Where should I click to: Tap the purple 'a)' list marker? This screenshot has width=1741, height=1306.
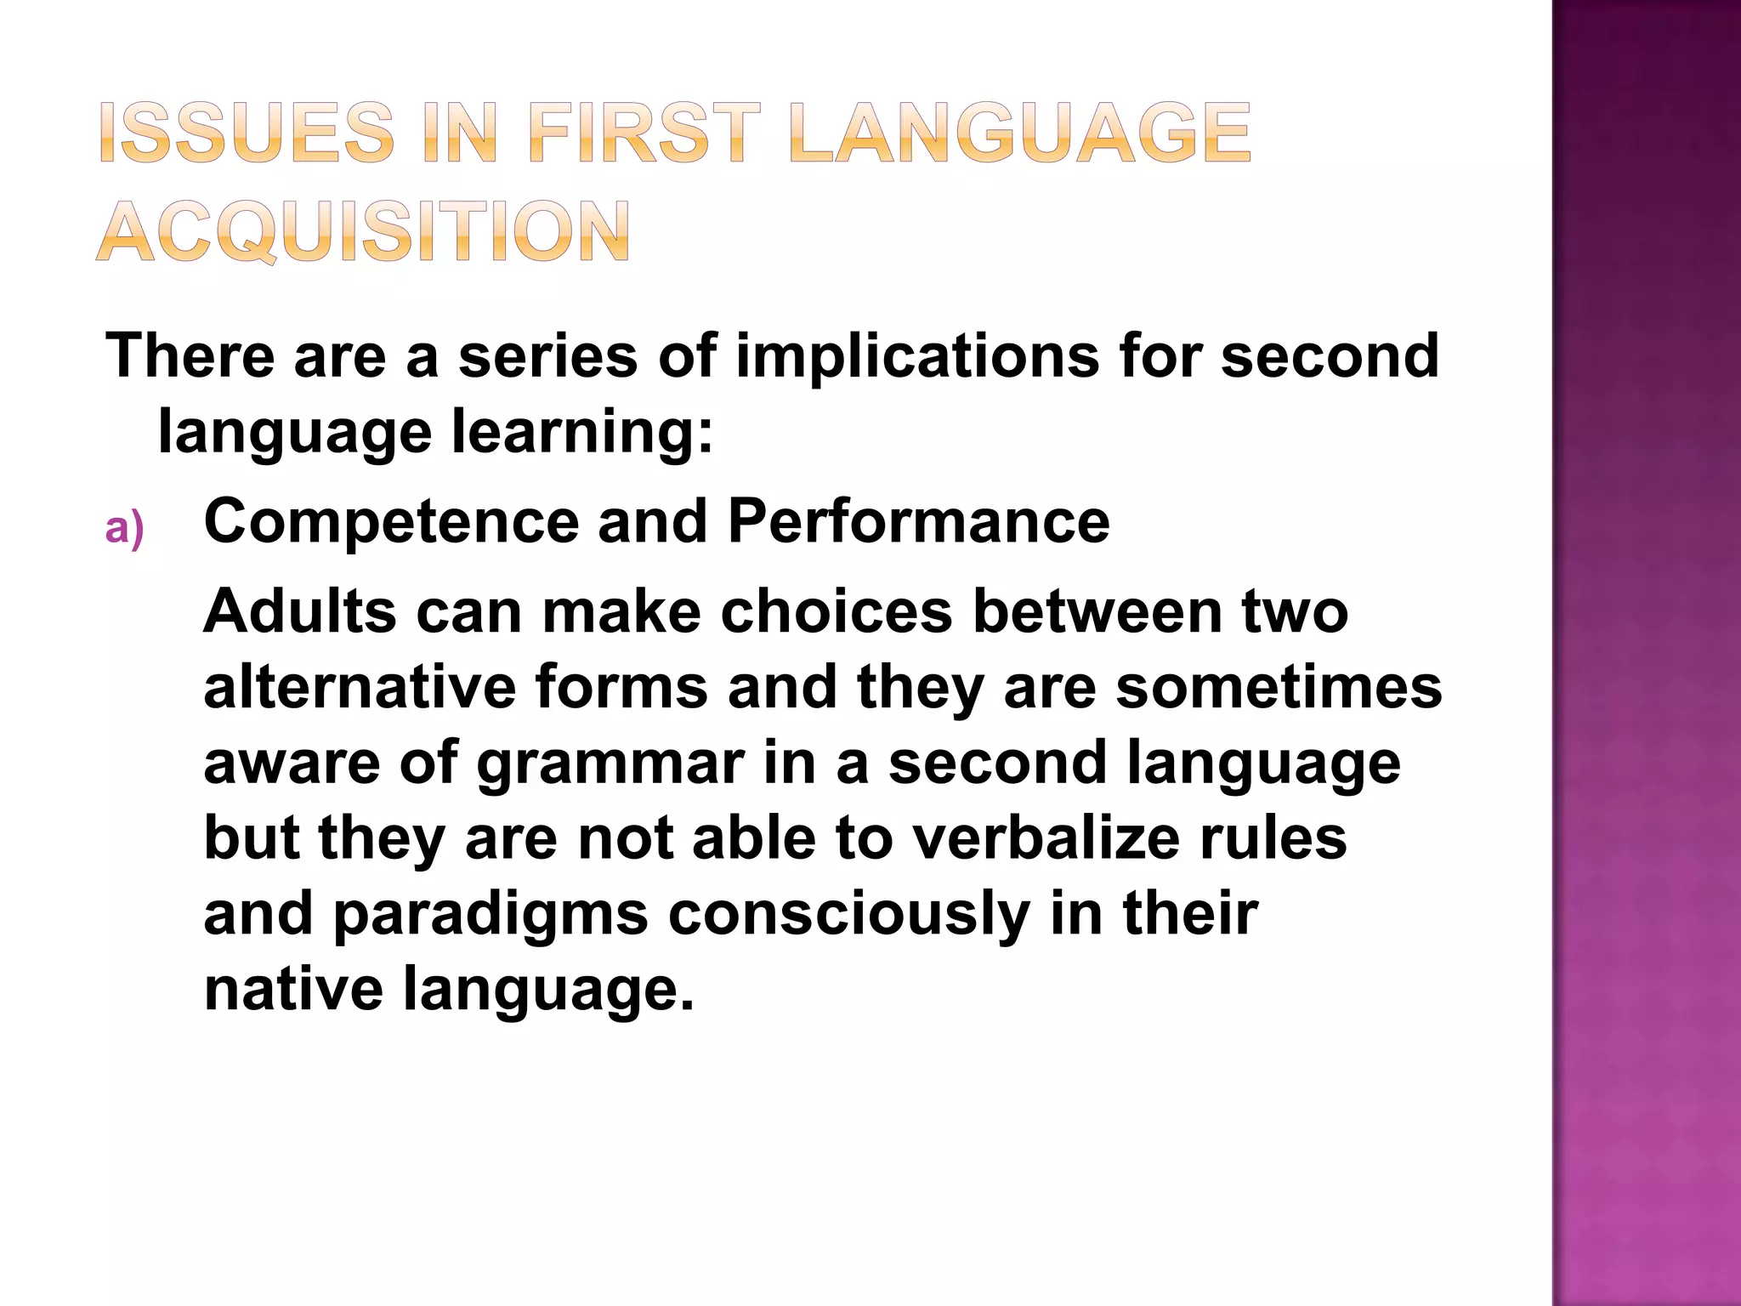pos(124,529)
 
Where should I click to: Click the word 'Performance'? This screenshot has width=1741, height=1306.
pos(918,521)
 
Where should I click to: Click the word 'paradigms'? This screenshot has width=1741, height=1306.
pos(490,915)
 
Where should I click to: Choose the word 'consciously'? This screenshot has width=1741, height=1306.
pos(849,915)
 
